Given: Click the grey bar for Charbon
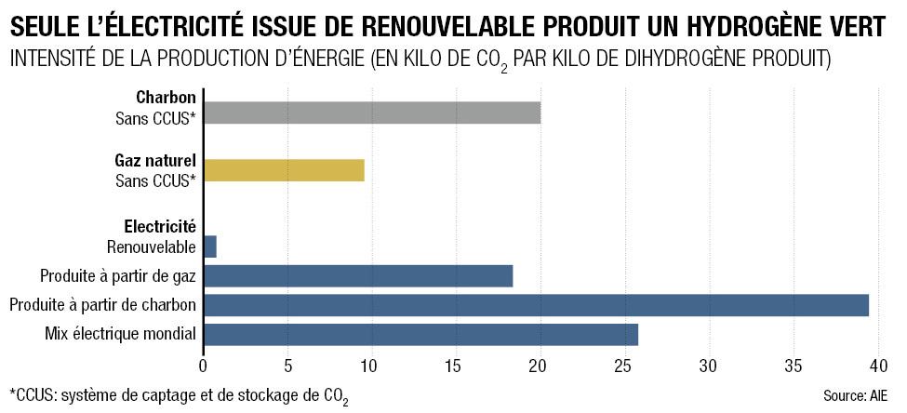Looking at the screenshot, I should pyautogui.click(x=372, y=113).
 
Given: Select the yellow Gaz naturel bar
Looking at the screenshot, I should pyautogui.click(x=284, y=170).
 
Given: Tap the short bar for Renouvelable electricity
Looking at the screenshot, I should pyautogui.click(x=210, y=246).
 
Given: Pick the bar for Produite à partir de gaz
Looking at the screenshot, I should pyautogui.click(x=358, y=275).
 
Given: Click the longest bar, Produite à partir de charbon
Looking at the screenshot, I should pyautogui.click(x=536, y=305).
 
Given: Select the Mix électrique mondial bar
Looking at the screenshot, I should pyautogui.click(x=420, y=334).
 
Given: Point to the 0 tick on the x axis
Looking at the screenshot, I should pyautogui.click(x=204, y=365).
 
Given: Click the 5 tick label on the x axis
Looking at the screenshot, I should pyautogui.click(x=287, y=365).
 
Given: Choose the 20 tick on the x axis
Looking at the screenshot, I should pyautogui.click(x=540, y=365).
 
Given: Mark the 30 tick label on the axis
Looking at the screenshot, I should pyautogui.click(x=709, y=365).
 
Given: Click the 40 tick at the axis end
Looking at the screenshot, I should pyautogui.click(x=877, y=365).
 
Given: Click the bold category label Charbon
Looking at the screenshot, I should pyautogui.click(x=166, y=97).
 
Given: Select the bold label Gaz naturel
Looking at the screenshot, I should pyautogui.click(x=154, y=160).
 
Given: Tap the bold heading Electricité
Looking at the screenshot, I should pyautogui.click(x=159, y=225).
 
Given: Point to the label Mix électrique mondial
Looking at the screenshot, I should pyautogui.click(x=121, y=334).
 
